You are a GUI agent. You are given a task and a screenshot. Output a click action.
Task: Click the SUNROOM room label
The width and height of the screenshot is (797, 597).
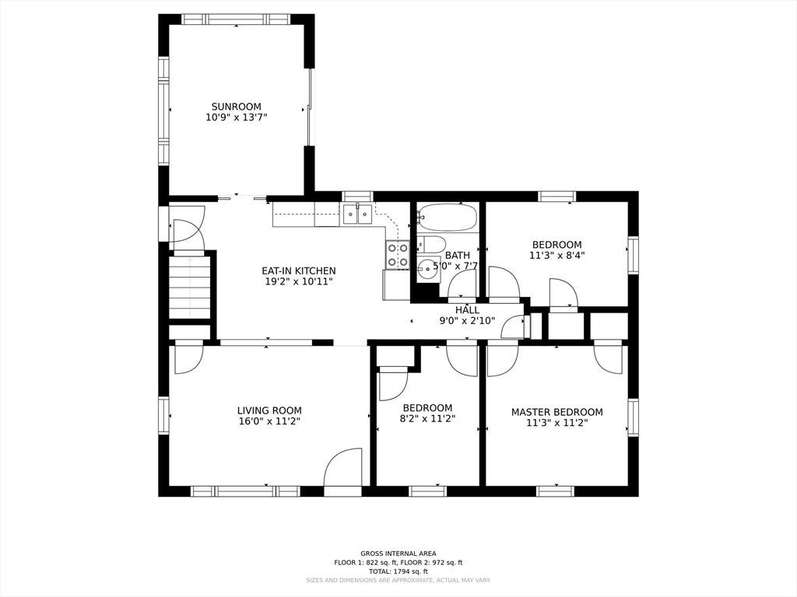(x=237, y=106)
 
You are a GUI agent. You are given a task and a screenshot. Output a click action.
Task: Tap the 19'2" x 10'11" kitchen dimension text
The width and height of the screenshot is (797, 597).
(x=299, y=281)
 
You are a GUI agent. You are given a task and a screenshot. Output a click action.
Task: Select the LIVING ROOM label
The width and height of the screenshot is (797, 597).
(x=269, y=410)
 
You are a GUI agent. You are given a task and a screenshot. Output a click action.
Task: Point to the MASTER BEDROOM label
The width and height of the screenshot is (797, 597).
(x=557, y=412)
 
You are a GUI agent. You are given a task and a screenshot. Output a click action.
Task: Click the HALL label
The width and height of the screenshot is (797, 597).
(x=467, y=309)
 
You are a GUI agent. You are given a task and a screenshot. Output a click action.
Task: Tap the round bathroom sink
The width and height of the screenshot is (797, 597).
(x=429, y=267)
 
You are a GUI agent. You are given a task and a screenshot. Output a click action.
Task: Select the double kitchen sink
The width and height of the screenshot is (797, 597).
(x=358, y=214)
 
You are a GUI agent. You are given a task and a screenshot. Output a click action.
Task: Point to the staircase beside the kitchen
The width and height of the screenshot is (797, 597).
(x=190, y=287)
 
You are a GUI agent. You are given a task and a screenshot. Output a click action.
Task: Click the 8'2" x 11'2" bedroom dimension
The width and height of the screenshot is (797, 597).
(x=427, y=419)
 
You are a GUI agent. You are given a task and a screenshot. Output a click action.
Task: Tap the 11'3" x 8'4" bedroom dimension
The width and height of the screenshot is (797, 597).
(x=557, y=255)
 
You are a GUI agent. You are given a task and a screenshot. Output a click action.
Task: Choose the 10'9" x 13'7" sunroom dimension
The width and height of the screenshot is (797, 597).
(x=237, y=117)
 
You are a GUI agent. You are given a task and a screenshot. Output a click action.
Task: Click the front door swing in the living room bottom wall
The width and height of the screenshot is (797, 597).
(x=343, y=467)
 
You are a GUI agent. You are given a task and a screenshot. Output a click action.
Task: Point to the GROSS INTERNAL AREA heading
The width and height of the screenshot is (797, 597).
(x=398, y=553)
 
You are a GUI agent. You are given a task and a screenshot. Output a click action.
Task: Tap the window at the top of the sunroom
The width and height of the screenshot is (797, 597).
(x=236, y=19)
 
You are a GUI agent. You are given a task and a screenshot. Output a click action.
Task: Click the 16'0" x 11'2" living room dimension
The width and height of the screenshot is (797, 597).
(x=269, y=421)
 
